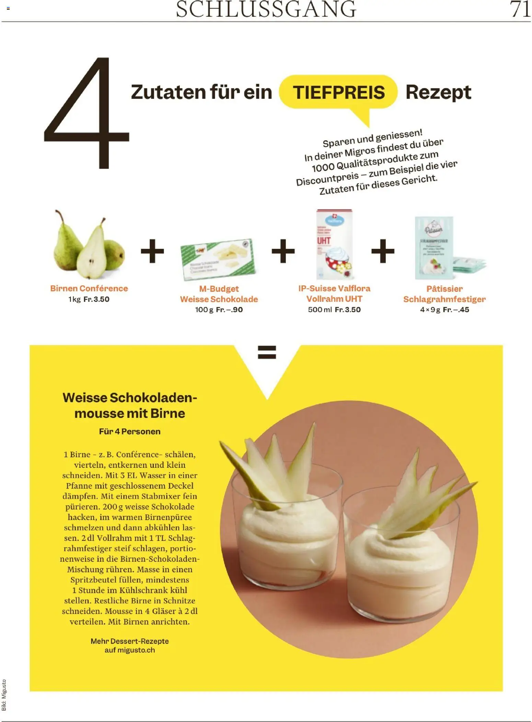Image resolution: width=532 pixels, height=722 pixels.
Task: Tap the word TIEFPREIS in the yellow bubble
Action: coord(338,93)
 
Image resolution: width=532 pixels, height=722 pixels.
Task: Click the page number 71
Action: coord(520,9)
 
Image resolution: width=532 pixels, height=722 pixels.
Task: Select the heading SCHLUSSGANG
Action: coord(266,9)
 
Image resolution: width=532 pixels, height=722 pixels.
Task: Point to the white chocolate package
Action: coord(218,259)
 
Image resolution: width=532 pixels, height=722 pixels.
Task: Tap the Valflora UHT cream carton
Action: coord(334,244)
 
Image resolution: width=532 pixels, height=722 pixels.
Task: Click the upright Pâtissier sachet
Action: coord(434,248)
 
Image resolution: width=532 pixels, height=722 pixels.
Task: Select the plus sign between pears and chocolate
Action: coord(152,251)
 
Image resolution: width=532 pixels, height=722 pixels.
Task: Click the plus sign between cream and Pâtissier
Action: coord(383,251)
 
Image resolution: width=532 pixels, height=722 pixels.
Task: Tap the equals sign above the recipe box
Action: coord(267,352)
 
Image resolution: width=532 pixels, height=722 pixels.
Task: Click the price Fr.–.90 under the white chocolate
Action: coord(229,310)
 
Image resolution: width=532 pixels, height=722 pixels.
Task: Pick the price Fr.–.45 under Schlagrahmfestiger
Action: coord(456,310)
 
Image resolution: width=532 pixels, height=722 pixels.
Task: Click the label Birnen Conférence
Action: coord(89,288)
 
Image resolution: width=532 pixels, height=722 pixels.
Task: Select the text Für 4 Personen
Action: coord(130,431)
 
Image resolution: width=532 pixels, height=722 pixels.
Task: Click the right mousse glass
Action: coord(402,556)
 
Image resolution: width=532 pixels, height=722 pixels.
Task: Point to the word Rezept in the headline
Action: coord(438,93)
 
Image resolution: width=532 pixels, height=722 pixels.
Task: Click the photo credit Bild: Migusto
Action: coord(4,695)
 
